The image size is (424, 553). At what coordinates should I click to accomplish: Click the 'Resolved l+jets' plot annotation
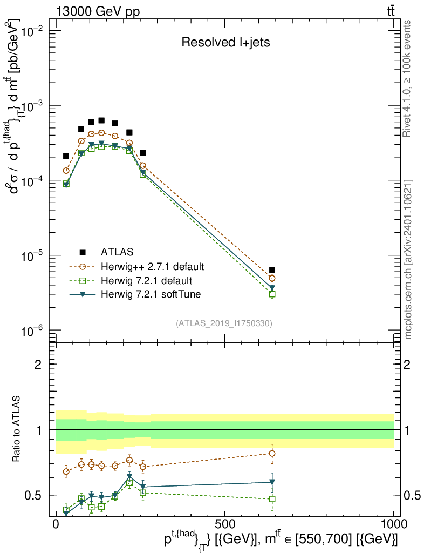(x=225, y=43)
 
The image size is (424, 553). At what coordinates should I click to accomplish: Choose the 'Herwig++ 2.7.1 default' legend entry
(x=152, y=266)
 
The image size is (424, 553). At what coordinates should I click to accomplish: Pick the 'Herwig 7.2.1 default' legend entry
(x=146, y=280)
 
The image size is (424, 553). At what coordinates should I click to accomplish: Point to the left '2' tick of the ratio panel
(x=39, y=365)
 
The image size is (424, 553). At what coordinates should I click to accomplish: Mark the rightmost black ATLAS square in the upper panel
(x=272, y=270)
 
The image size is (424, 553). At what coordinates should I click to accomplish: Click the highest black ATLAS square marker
(x=101, y=120)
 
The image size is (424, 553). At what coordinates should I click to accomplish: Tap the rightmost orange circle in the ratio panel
(x=272, y=453)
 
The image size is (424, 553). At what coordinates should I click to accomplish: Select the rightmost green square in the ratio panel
(x=272, y=499)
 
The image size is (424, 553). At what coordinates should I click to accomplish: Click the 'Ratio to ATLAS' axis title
(x=18, y=430)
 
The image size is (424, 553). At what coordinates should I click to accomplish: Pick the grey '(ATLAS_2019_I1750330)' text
(x=224, y=323)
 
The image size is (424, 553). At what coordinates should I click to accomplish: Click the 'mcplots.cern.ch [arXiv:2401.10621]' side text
(x=409, y=259)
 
